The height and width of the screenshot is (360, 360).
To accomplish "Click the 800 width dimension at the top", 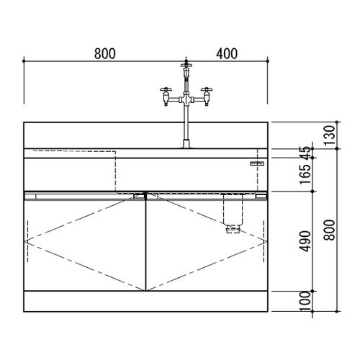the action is click(x=105, y=54).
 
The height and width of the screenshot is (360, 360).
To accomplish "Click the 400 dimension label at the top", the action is click(x=227, y=54).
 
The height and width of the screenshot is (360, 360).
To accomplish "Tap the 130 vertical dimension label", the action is click(x=329, y=135).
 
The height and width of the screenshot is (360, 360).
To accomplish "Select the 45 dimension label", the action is click(x=307, y=153).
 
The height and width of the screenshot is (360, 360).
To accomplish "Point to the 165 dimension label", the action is click(x=307, y=174).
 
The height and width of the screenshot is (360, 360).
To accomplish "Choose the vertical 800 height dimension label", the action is click(x=329, y=230).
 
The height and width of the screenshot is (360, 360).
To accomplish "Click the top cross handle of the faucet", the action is click(x=186, y=65).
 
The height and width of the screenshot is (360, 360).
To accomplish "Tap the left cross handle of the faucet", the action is click(x=166, y=89).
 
